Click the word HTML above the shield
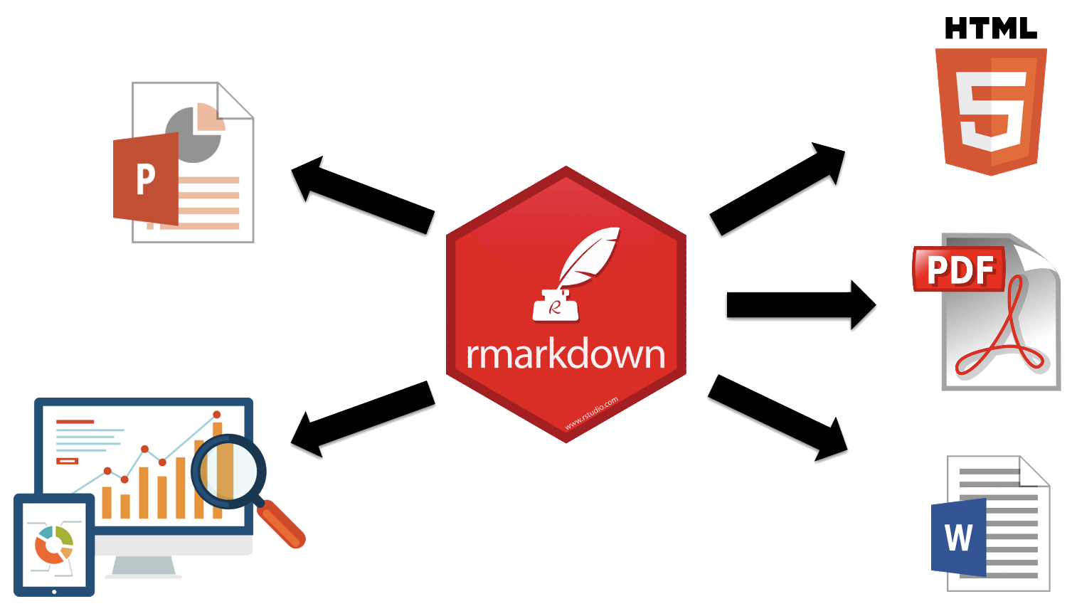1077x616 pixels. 990,28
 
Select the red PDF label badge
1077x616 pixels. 959,270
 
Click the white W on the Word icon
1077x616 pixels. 958,537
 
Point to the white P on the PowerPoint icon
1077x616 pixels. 145,179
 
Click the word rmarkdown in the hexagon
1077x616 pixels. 566,354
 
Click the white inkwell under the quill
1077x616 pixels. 556,307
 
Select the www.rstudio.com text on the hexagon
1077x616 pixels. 591,413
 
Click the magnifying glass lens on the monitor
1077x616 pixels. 228,471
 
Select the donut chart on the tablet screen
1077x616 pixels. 54,545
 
